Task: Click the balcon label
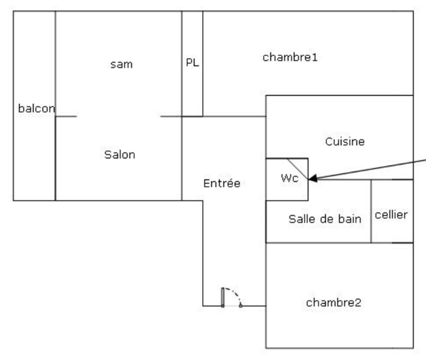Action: [x=36, y=108]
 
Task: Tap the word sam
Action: [x=121, y=64]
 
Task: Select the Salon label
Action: [x=120, y=155]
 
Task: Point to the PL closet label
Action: [x=192, y=62]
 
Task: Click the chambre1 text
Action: [x=290, y=57]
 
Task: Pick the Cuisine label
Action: [x=345, y=142]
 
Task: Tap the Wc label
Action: [x=289, y=178]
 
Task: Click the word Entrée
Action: [x=222, y=183]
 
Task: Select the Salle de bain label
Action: [x=325, y=219]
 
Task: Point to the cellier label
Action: [x=391, y=215]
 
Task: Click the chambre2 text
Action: [x=333, y=303]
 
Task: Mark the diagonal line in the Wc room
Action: [x=297, y=169]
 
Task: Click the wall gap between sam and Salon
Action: [x=119, y=116]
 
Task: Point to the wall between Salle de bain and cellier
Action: [x=371, y=211]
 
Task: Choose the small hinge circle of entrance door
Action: [x=240, y=305]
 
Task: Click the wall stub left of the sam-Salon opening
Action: [x=66, y=116]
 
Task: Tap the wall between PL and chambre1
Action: [x=203, y=63]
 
